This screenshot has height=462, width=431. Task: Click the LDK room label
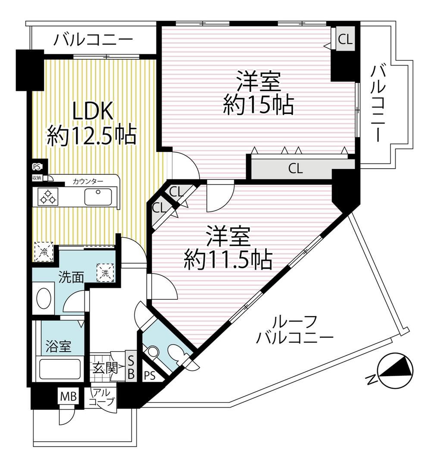[93, 111]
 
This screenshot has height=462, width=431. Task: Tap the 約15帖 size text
[259, 105]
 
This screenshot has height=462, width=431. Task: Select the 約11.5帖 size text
[228, 260]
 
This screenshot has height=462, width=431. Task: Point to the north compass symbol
[396, 370]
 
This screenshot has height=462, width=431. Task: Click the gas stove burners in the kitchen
[48, 197]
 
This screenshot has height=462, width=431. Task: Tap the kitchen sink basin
[98, 197]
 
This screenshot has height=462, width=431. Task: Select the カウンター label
[88, 181]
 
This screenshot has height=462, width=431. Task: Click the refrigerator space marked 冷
[44, 251]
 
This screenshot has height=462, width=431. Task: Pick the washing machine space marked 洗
[105, 273]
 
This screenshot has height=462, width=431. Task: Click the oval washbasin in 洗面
[44, 298]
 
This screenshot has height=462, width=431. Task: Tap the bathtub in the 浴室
[60, 369]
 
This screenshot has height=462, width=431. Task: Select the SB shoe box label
[131, 366]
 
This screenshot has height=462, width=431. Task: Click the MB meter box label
[68, 396]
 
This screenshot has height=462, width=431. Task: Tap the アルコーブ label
[101, 397]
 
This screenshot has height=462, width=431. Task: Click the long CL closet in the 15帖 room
[296, 169]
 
